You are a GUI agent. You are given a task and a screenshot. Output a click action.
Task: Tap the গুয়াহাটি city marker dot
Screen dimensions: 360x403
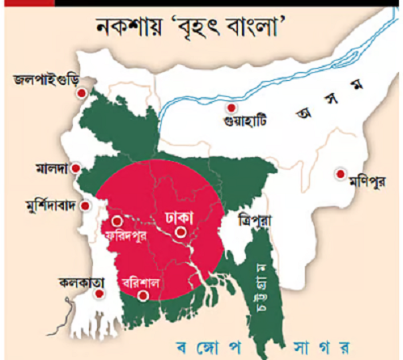pos(231,108)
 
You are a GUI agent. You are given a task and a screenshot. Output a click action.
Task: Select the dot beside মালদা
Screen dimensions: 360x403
pos(75,168)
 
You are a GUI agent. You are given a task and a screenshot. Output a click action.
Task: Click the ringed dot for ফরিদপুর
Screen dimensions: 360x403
pos(117,220)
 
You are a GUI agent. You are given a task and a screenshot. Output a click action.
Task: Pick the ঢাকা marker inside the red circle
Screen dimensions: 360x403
pos(181,233)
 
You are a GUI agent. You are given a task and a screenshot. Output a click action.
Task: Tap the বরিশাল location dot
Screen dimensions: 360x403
pos(142,295)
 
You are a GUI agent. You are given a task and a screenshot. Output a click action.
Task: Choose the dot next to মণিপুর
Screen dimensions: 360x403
pos(341,172)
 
